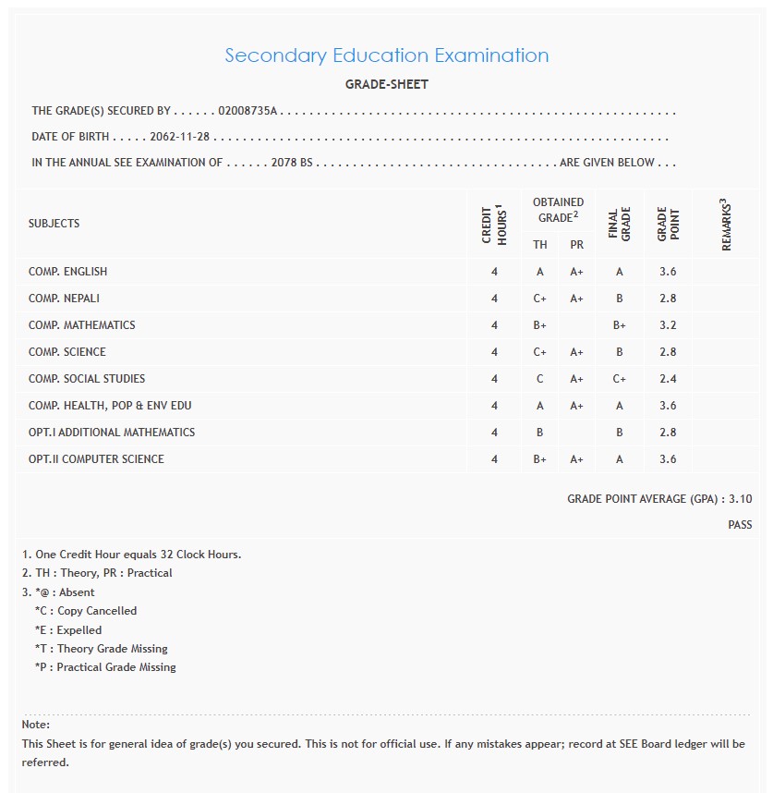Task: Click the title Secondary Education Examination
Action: point(386,55)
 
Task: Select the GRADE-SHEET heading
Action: point(386,84)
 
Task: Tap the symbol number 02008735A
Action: point(248,111)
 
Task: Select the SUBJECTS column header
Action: point(54,224)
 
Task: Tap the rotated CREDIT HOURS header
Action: point(494,224)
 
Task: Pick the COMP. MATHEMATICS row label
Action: point(81,325)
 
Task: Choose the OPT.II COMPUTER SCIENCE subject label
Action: point(96,459)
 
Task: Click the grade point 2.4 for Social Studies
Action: point(668,379)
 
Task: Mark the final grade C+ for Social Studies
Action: point(619,379)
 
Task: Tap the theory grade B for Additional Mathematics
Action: point(540,433)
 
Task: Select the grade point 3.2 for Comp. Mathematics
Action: point(668,325)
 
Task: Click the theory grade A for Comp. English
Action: point(540,272)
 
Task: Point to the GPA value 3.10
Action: point(740,499)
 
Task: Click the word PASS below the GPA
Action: point(740,525)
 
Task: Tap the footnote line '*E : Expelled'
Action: point(68,630)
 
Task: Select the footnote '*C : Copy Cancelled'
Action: point(85,611)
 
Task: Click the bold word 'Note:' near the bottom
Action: point(36,725)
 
